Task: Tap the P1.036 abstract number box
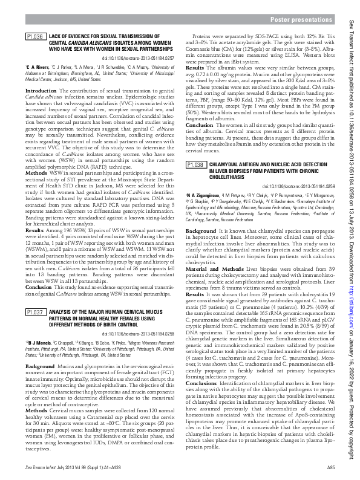35,37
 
